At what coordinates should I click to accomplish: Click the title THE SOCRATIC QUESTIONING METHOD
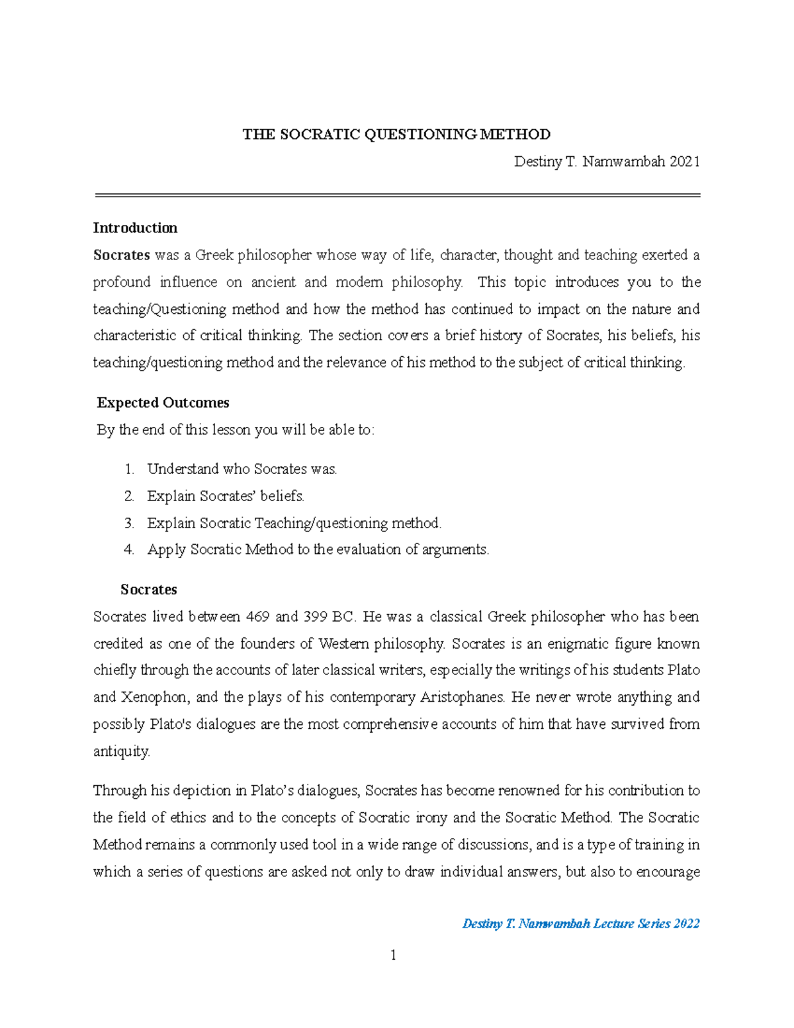pyautogui.click(x=396, y=135)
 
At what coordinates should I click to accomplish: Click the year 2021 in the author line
pyautogui.click(x=684, y=162)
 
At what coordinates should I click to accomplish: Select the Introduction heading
pyautogui.click(x=135, y=228)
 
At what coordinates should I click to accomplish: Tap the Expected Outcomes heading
pyautogui.click(x=163, y=403)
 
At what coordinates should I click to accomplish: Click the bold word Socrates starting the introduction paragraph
pyautogui.click(x=122, y=256)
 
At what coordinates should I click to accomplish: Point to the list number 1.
pyautogui.click(x=129, y=469)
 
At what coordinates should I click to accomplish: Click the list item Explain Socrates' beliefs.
pyautogui.click(x=226, y=496)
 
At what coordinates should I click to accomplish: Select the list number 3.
pyautogui.click(x=129, y=524)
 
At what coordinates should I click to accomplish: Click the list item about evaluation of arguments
pyautogui.click(x=318, y=550)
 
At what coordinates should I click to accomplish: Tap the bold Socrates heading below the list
pyautogui.click(x=148, y=590)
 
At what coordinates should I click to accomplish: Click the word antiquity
pyautogui.click(x=122, y=752)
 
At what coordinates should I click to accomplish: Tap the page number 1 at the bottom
pyautogui.click(x=394, y=955)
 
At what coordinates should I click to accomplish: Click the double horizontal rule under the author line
pyautogui.click(x=397, y=195)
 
